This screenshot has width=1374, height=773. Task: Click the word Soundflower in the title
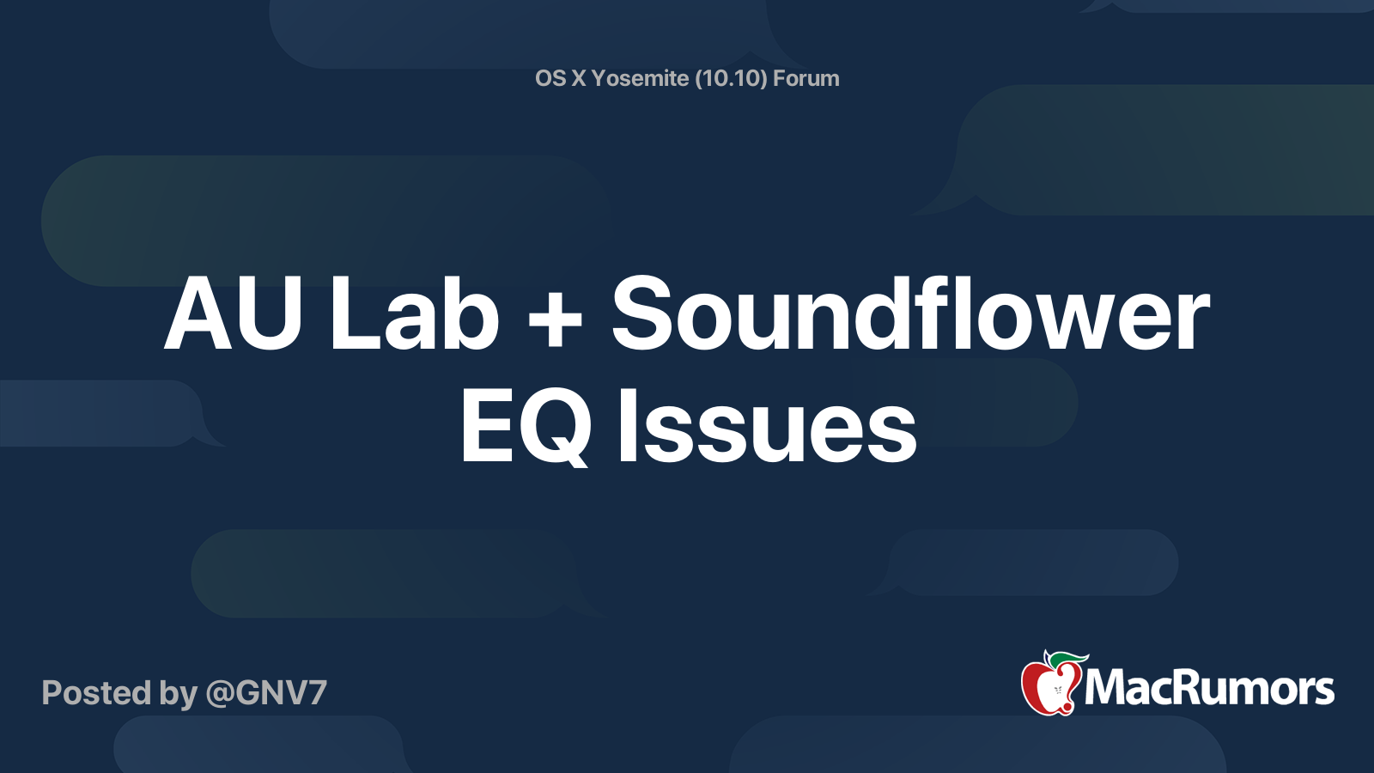click(x=910, y=315)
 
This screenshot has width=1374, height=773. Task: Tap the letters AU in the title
click(x=233, y=315)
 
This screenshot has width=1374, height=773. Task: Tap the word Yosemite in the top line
click(x=640, y=78)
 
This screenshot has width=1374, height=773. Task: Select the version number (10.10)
click(x=731, y=78)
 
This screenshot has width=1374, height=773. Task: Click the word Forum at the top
click(x=806, y=78)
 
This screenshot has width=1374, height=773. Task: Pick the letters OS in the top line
click(x=550, y=78)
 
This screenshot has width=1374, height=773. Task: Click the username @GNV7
click(x=266, y=693)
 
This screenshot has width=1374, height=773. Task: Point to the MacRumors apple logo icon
click(x=1050, y=685)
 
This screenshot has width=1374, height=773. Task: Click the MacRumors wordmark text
click(x=1209, y=689)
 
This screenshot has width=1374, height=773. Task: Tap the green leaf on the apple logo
click(x=1065, y=659)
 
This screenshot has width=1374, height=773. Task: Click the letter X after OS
click(x=579, y=78)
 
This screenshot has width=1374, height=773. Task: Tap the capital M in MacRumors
click(x=1108, y=689)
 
